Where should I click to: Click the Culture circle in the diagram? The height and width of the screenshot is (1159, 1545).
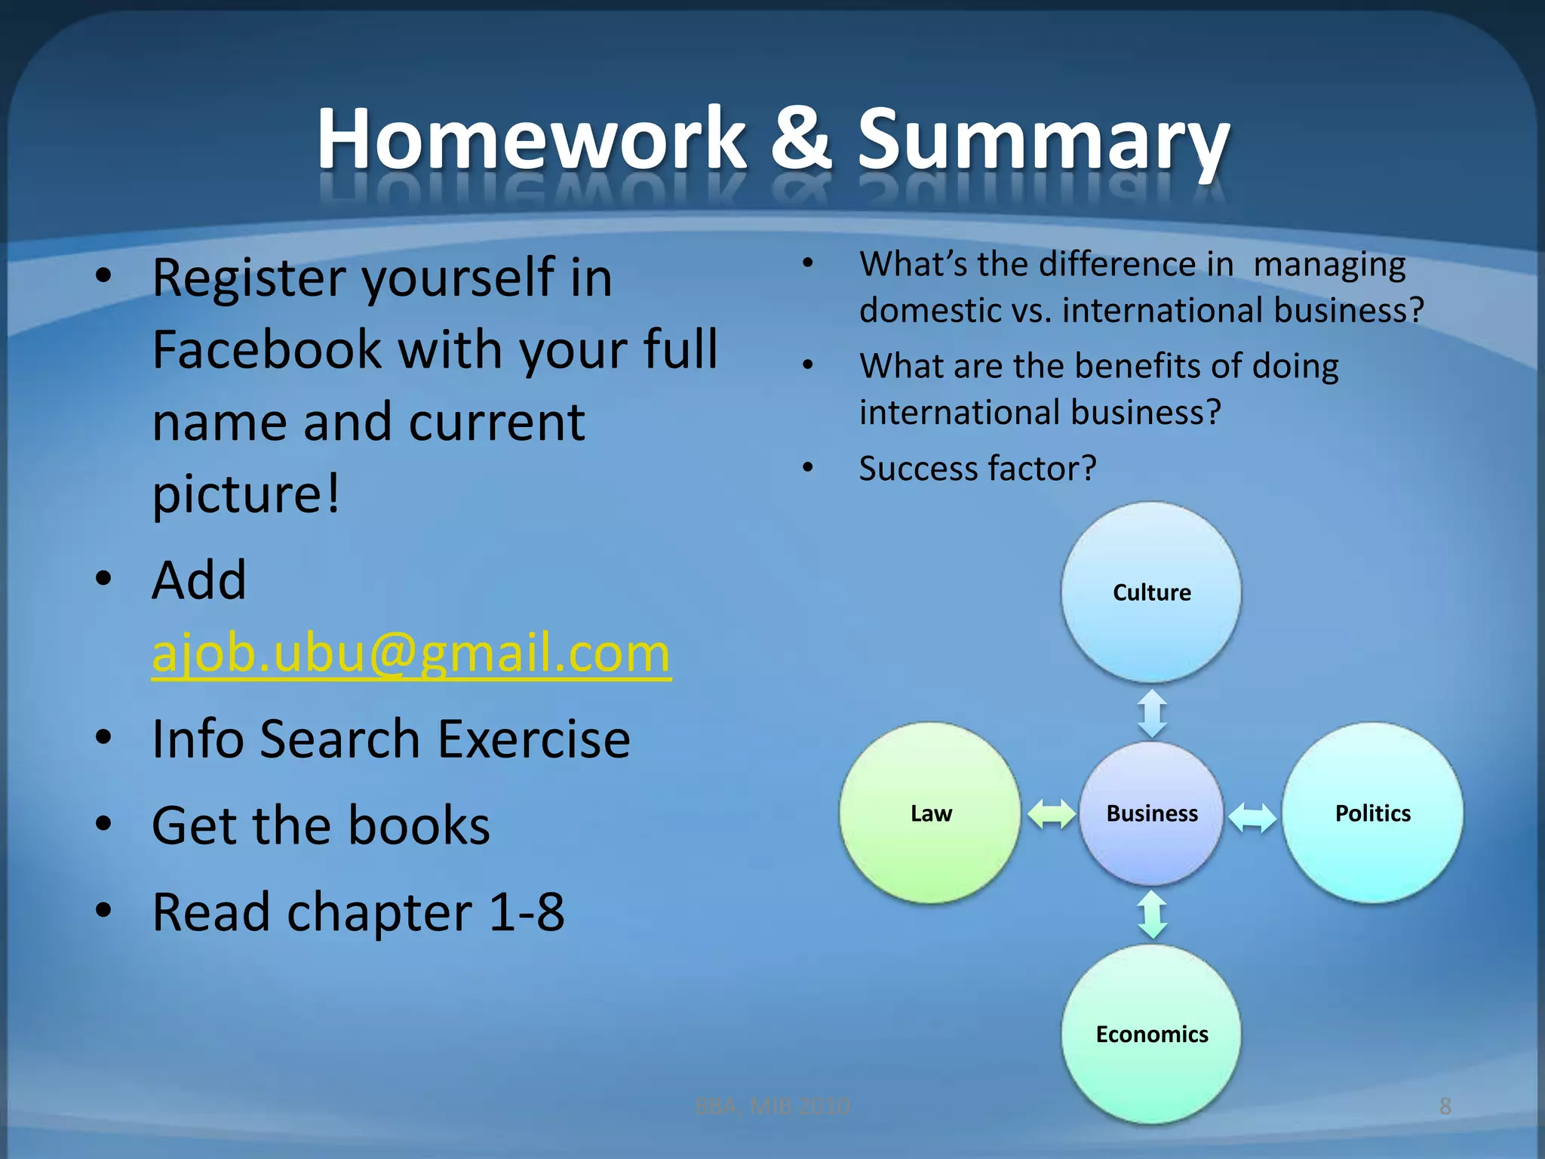[x=1151, y=592]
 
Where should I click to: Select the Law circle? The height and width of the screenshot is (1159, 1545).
[x=930, y=813]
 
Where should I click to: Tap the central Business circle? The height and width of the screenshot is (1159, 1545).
[x=1151, y=813]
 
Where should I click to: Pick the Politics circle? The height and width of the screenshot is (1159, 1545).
[x=1372, y=813]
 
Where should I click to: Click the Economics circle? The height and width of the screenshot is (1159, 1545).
[x=1151, y=1033]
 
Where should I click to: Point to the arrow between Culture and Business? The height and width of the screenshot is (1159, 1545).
[x=1152, y=712]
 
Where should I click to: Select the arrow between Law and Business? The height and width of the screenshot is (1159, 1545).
[x=1052, y=814]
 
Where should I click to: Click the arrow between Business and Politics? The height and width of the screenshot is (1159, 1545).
[x=1252, y=816]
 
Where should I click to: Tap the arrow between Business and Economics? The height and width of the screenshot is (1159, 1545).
[x=1152, y=915]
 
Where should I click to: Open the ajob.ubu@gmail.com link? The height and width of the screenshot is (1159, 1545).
[x=411, y=653]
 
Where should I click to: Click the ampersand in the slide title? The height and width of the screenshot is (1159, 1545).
[x=801, y=138]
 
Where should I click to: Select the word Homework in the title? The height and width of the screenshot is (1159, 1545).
[x=531, y=138]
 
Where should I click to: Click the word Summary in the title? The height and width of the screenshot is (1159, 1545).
[x=1043, y=140]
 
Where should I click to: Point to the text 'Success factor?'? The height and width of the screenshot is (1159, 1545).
[x=978, y=469]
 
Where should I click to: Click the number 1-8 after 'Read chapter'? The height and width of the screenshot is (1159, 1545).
[x=526, y=912]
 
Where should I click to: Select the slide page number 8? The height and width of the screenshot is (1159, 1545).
[x=1445, y=1106]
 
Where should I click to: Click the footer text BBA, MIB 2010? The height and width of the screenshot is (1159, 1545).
[x=772, y=1106]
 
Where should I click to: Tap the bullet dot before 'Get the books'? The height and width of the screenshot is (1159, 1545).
[x=104, y=824]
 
